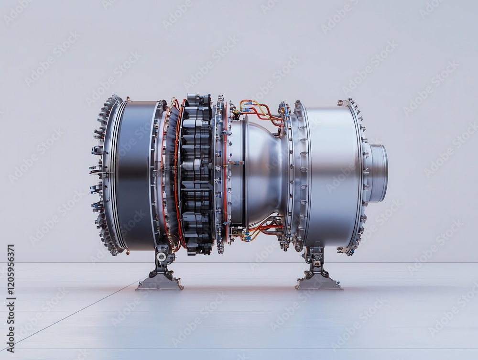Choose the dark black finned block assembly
pos(196,172)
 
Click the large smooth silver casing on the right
pos(330,172)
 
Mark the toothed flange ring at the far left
pos(102,175)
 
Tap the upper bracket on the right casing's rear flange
pos(345,103)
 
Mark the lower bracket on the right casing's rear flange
pos(345,249)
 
